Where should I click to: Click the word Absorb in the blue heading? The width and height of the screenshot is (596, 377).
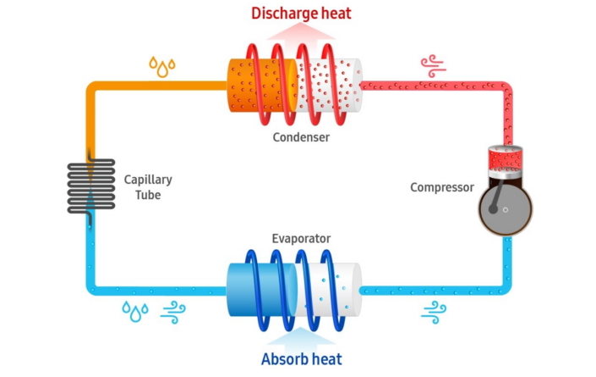284,359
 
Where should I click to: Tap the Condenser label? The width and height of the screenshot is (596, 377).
301,137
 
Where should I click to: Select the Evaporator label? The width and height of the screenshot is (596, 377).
301,239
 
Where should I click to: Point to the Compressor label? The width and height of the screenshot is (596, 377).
442,187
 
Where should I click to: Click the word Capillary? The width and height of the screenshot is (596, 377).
148,180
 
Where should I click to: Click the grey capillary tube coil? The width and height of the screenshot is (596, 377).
91,186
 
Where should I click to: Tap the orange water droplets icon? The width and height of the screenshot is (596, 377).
162,67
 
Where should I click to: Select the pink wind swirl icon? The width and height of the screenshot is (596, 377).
434,66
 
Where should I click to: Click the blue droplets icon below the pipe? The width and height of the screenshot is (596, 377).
135,311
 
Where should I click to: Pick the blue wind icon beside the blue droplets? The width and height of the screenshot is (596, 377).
173,313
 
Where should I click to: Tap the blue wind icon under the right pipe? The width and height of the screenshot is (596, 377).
434,313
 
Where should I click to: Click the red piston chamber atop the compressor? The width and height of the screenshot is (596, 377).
506,157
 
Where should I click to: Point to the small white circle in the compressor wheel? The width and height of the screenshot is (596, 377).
506,210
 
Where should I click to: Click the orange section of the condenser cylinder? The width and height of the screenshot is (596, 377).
262,86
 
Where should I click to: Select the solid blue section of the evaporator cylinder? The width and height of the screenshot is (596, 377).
261,290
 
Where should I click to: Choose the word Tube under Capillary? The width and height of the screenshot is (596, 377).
148,195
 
